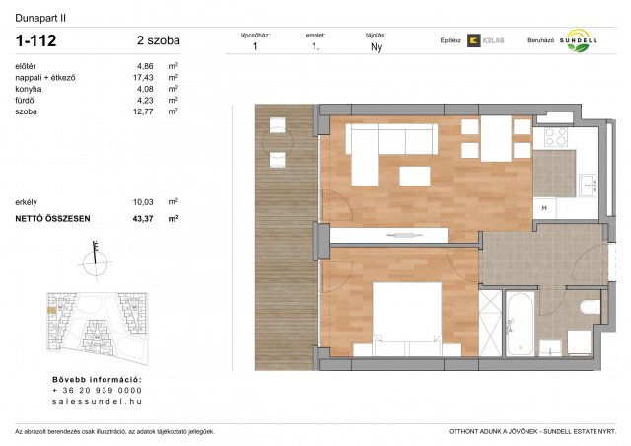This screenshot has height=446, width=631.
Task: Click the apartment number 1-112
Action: coord(36,40)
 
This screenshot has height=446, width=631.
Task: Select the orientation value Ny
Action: coord(376,46)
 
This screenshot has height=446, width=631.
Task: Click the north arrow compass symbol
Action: coord(95,260)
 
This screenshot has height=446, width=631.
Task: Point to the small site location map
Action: coord(95,326)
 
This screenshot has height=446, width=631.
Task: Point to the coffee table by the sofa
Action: coord(414,177)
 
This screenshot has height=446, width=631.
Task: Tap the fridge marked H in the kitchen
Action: coord(544,208)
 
